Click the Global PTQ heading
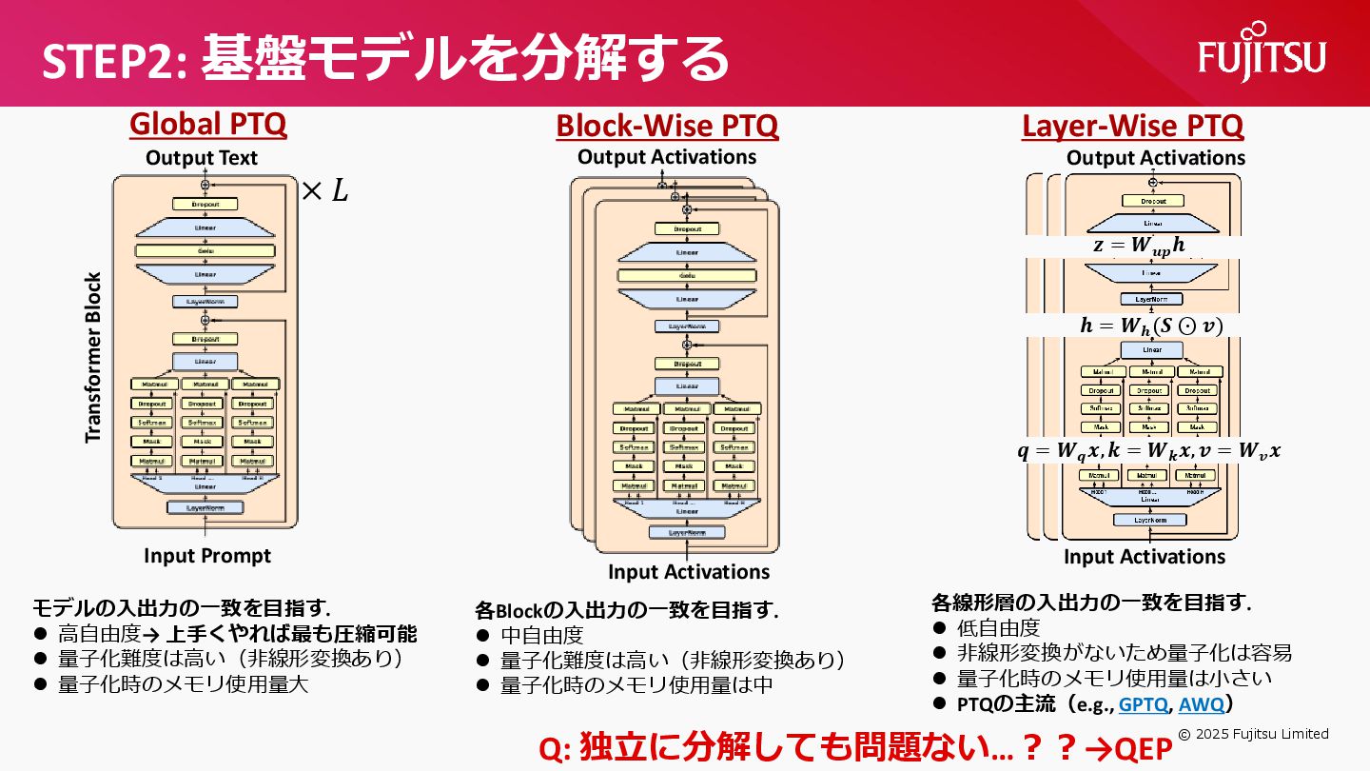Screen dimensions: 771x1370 point(207,125)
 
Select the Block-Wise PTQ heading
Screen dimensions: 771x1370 point(667,126)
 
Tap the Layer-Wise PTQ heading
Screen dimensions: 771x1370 point(1132,126)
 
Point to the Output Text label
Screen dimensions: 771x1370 point(202,158)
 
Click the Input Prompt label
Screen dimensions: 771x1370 point(207,556)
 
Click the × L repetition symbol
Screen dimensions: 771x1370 point(324,192)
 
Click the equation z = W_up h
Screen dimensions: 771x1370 point(1139,245)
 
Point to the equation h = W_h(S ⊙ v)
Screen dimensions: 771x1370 point(1151,326)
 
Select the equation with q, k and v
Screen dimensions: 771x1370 point(1148,452)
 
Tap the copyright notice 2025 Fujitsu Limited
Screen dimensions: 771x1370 point(1253,734)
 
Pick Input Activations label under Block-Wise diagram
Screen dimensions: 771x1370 point(689,572)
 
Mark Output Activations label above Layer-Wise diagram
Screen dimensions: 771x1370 point(1155,158)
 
